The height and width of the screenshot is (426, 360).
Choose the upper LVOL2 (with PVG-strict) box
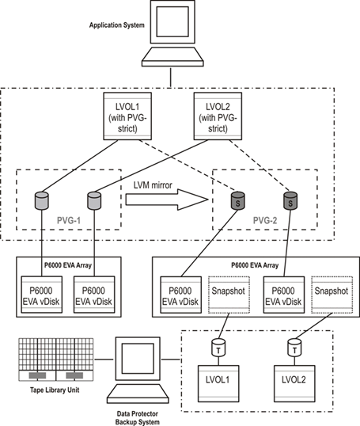(216, 113)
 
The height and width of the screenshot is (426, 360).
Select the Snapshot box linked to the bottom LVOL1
(226, 291)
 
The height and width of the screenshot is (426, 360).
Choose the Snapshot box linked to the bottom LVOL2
(330, 291)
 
